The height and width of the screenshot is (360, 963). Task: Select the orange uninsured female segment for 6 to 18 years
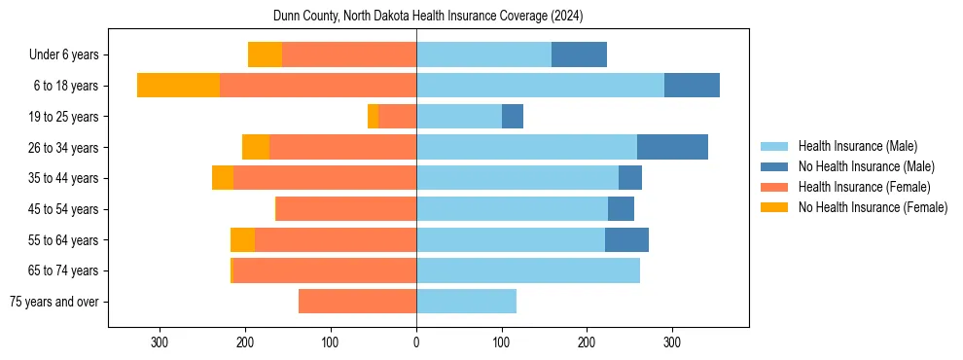pyautogui.click(x=178, y=86)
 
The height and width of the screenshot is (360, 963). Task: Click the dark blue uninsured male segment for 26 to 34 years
pyautogui.click(x=672, y=147)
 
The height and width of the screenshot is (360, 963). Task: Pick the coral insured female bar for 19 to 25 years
pyautogui.click(x=397, y=117)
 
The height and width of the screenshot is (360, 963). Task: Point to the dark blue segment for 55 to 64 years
pyautogui.click(x=626, y=239)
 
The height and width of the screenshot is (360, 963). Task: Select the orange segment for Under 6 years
pyautogui.click(x=265, y=54)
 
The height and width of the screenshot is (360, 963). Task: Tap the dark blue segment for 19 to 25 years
pyautogui.click(x=513, y=117)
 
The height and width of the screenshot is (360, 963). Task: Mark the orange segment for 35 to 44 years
pyautogui.click(x=223, y=178)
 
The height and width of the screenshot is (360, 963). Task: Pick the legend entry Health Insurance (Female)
pyautogui.click(x=864, y=187)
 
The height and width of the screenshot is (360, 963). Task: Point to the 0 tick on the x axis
pyautogui.click(x=416, y=342)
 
